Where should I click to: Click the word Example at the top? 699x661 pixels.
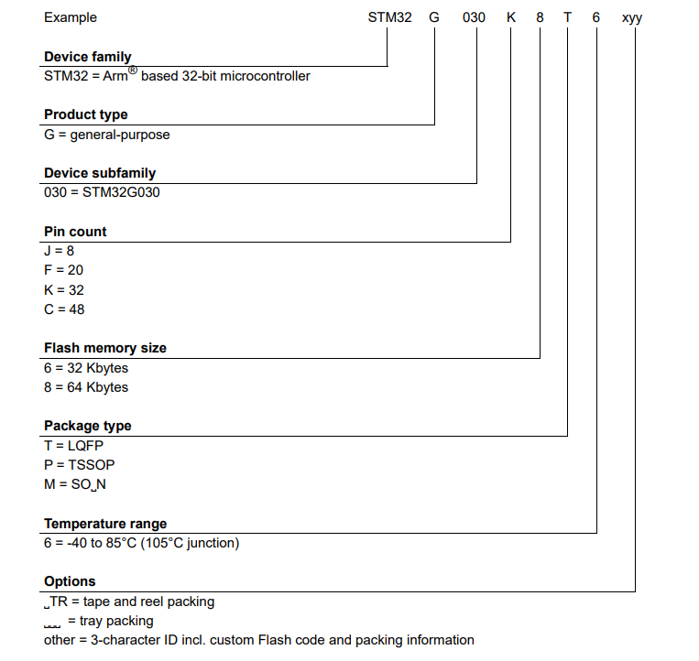pyautogui.click(x=71, y=17)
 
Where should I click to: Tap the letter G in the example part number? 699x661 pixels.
pyautogui.click(x=434, y=17)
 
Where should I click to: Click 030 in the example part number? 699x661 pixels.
pyautogui.click(x=475, y=17)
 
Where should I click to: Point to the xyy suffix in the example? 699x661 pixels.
pyautogui.click(x=632, y=17)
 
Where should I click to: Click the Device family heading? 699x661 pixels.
pyautogui.click(x=88, y=57)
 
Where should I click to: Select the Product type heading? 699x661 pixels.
pyautogui.click(x=86, y=114)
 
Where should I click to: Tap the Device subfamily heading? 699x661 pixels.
pyautogui.click(x=100, y=173)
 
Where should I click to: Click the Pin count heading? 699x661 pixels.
pyautogui.click(x=75, y=232)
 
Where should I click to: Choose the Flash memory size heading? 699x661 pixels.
pyautogui.click(x=105, y=348)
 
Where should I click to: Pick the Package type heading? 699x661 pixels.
pyautogui.click(x=88, y=426)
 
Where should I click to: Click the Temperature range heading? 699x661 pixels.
pyautogui.click(x=105, y=524)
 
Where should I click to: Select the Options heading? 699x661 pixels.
pyautogui.click(x=70, y=581)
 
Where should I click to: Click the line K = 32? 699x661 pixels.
pyautogui.click(x=64, y=290)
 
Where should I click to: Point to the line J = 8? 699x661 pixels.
pyautogui.click(x=59, y=251)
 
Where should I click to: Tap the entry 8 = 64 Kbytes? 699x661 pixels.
pyautogui.click(x=86, y=387)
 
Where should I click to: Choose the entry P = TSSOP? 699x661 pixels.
pyautogui.click(x=80, y=465)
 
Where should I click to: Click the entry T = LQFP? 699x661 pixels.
pyautogui.click(x=74, y=446)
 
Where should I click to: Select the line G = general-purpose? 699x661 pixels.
pyautogui.click(x=107, y=135)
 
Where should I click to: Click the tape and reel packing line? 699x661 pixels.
pyautogui.click(x=129, y=601)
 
